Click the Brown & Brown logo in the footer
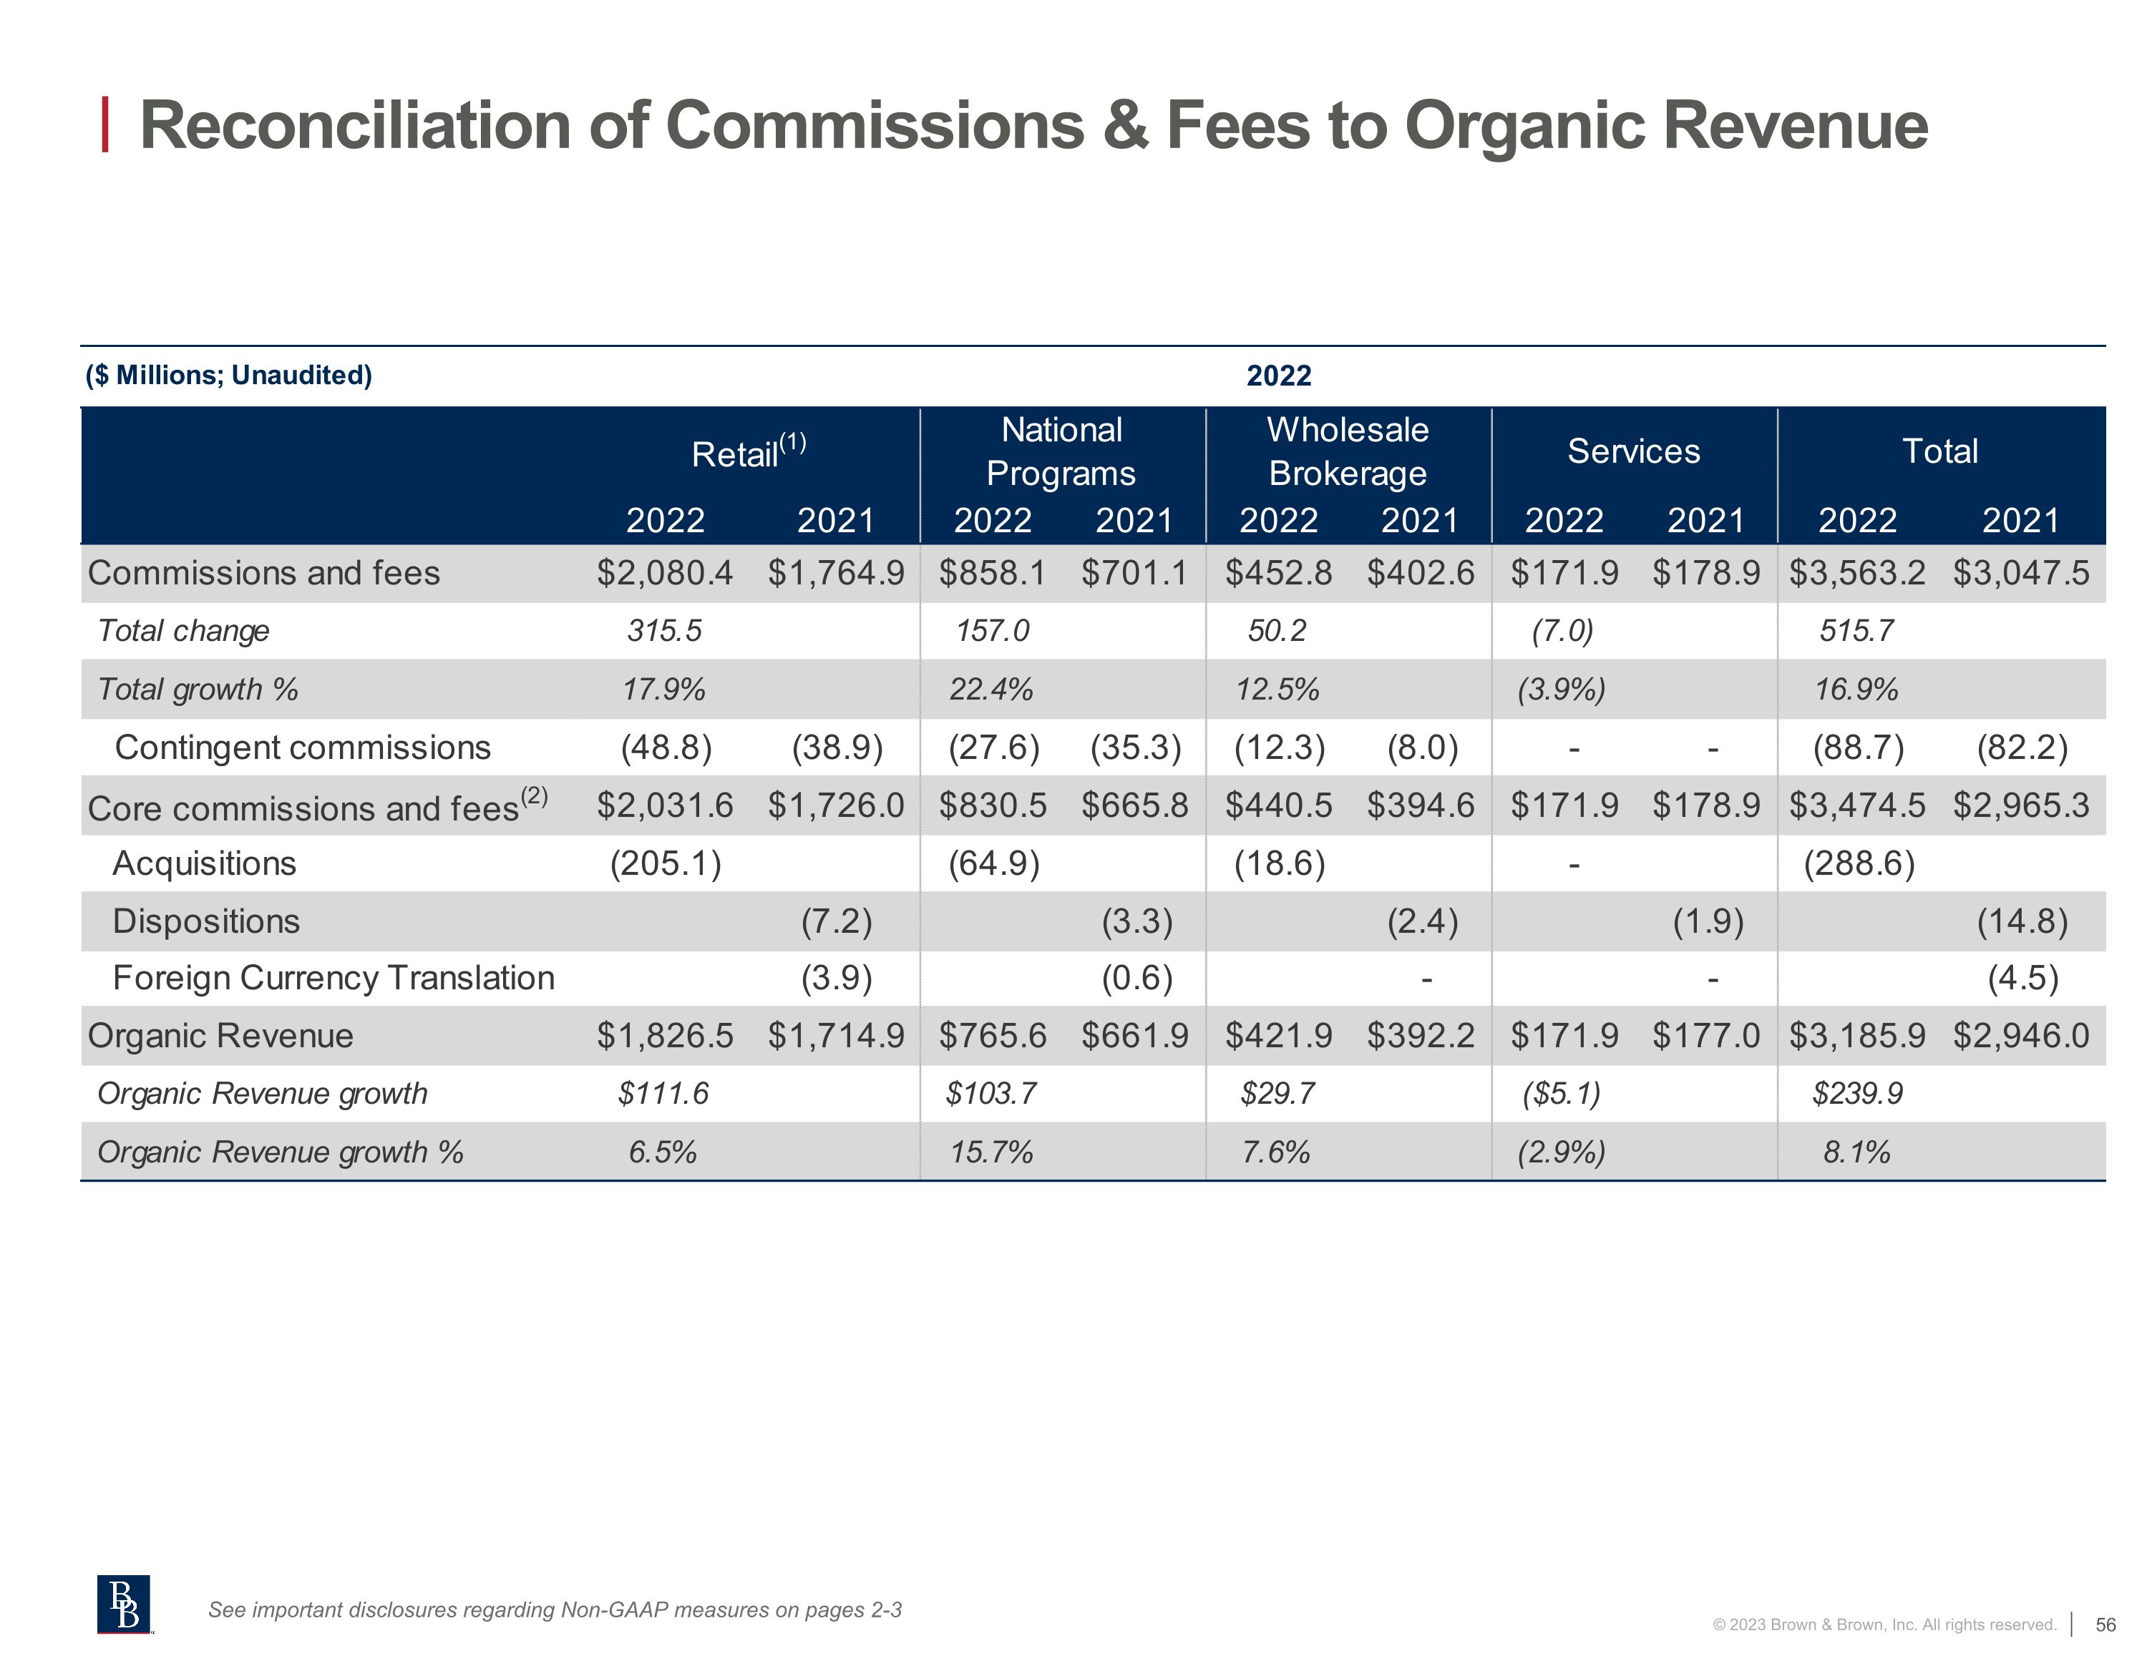[124, 1604]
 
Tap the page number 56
[2105, 1625]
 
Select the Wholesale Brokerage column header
[1347, 451]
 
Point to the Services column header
[1633, 451]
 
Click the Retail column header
[747, 453]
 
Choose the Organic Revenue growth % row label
[280, 1152]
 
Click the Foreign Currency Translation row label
[334, 978]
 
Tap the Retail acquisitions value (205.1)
[666, 864]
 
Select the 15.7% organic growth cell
[991, 1152]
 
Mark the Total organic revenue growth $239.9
[1857, 1094]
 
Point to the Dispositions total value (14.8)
[2022, 922]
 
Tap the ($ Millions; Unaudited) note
[229, 376]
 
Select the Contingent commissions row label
[303, 748]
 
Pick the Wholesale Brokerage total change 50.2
[1277, 631]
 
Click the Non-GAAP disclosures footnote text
[555, 1610]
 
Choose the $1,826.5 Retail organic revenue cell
[665, 1036]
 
